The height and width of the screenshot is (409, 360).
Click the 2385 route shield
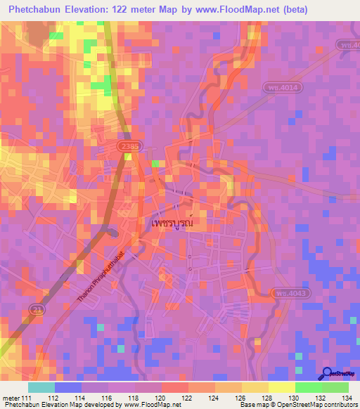(129, 146)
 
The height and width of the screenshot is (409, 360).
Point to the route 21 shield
(37, 309)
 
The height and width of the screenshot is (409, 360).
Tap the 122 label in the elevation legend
(188, 398)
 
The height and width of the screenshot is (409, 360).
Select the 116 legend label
(108, 398)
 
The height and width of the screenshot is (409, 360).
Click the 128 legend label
(268, 398)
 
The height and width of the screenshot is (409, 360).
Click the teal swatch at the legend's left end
(41, 387)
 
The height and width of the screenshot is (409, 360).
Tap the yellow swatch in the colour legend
(281, 387)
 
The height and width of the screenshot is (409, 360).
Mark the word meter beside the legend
(11, 398)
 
